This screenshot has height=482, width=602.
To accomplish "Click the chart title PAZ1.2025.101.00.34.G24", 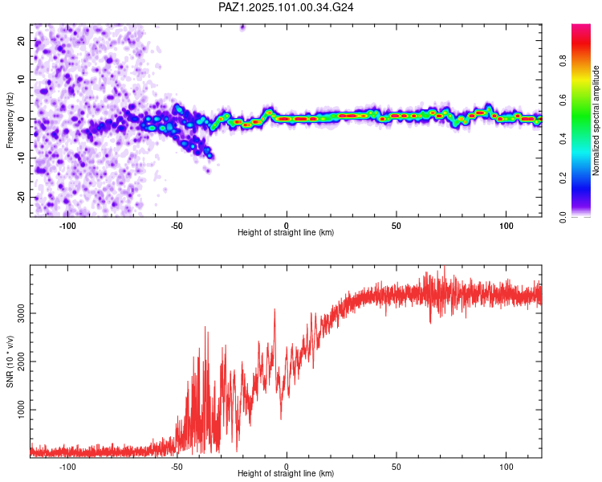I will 287,7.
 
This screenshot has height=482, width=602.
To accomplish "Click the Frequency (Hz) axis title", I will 10,118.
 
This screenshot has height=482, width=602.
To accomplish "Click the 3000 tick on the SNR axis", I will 17,313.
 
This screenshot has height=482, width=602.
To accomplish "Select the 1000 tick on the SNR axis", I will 17,410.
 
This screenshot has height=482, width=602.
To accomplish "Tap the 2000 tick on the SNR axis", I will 17,361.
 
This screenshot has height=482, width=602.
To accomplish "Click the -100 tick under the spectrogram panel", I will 67,225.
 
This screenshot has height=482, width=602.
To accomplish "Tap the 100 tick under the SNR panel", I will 506,466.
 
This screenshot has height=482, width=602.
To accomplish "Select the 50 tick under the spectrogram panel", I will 397,225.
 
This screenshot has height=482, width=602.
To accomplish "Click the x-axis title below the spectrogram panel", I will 286,233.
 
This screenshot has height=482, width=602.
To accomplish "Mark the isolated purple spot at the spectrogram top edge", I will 242,27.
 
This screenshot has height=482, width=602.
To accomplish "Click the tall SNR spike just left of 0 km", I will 275,312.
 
